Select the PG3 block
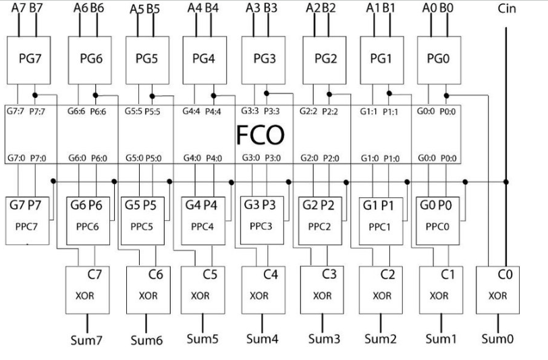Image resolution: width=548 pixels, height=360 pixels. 264,58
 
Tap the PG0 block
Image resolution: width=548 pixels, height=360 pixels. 439,59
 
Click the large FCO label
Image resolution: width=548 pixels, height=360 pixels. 260,136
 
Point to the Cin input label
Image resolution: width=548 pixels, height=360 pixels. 506,9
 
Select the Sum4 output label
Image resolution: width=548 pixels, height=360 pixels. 261,338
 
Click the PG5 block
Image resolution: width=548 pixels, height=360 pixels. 147,59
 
